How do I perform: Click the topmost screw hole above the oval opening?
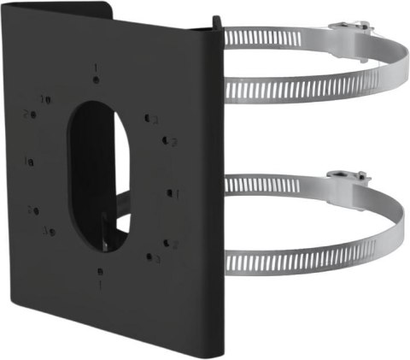(97, 79)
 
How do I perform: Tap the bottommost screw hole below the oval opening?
(102, 271)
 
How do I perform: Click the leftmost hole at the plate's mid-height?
(30, 162)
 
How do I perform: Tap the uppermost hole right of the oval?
(148, 119)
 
